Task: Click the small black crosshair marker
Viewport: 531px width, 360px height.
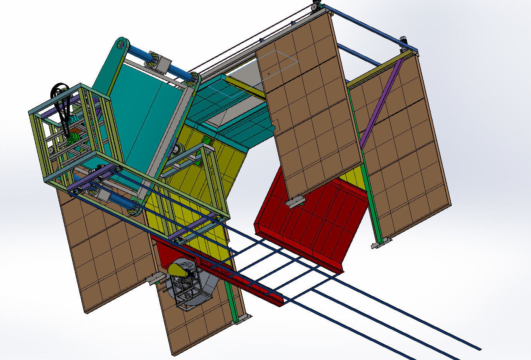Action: click(x=269, y=74)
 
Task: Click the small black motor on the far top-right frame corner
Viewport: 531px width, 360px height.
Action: click(x=403, y=39)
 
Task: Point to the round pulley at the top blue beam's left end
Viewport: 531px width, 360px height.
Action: click(x=315, y=7)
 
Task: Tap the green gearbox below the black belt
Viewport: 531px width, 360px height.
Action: click(x=72, y=137)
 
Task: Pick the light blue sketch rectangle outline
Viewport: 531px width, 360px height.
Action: click(x=256, y=74)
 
